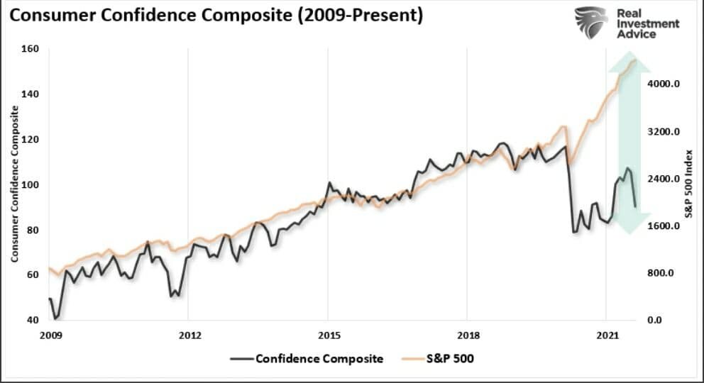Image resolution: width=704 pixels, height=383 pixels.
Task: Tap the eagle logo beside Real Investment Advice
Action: pyautogui.click(x=590, y=23)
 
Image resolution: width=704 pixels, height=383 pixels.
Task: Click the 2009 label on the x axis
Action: pyautogui.click(x=49, y=334)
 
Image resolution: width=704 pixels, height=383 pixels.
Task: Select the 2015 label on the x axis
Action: pyautogui.click(x=327, y=334)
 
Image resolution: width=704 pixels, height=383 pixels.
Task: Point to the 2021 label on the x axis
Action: pyautogui.click(x=605, y=334)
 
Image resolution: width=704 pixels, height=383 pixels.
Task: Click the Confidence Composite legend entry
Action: pyautogui.click(x=319, y=358)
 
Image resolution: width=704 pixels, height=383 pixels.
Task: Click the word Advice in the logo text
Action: pyautogui.click(x=637, y=34)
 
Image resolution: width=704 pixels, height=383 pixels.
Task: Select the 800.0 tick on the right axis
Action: pyautogui.click(x=666, y=273)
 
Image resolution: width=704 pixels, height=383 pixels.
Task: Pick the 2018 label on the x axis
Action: pyautogui.click(x=466, y=334)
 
